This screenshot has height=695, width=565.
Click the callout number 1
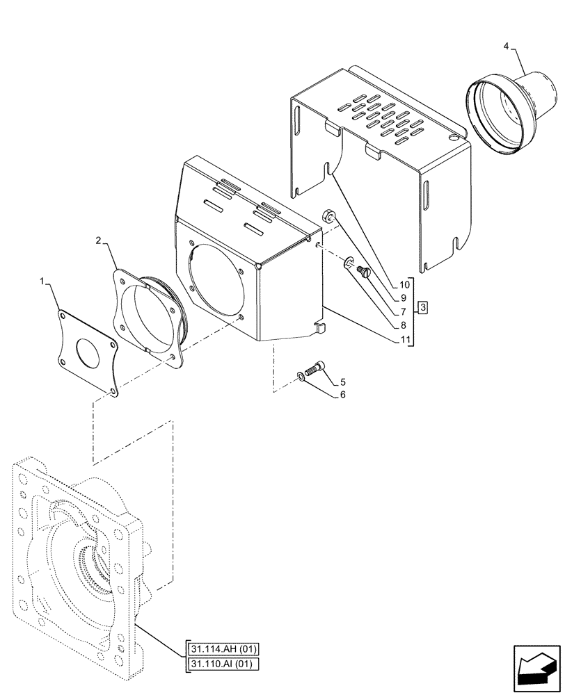[43, 281]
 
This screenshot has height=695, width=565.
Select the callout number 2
[99, 240]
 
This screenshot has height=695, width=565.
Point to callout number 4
[507, 46]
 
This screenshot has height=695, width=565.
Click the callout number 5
[343, 382]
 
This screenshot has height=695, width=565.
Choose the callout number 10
[405, 285]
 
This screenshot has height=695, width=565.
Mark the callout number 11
[405, 340]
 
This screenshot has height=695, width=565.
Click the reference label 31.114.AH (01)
[222, 650]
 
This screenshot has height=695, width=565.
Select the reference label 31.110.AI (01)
[222, 665]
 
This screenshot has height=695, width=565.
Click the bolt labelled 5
[314, 369]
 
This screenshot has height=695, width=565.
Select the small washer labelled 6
[299, 376]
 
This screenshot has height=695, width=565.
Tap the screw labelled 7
[362, 272]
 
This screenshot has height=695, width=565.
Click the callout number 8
[405, 325]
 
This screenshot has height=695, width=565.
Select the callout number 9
[405, 298]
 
